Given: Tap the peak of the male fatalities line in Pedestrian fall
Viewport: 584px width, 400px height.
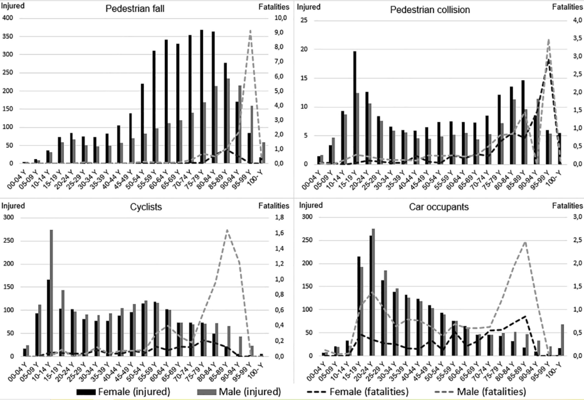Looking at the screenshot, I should pyautogui.click(x=250, y=31).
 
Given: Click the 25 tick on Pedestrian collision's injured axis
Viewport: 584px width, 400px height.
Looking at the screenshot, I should pyautogui.click(x=304, y=21).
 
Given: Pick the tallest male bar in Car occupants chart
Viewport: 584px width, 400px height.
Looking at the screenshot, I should pyautogui.click(x=374, y=292).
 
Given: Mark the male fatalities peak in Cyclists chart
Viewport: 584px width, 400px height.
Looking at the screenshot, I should pyautogui.click(x=227, y=230).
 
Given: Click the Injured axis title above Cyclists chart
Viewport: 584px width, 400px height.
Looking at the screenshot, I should pyautogui.click(x=13, y=205).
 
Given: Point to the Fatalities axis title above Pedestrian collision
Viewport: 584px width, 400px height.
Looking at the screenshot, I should pyautogui.click(x=567, y=7).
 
